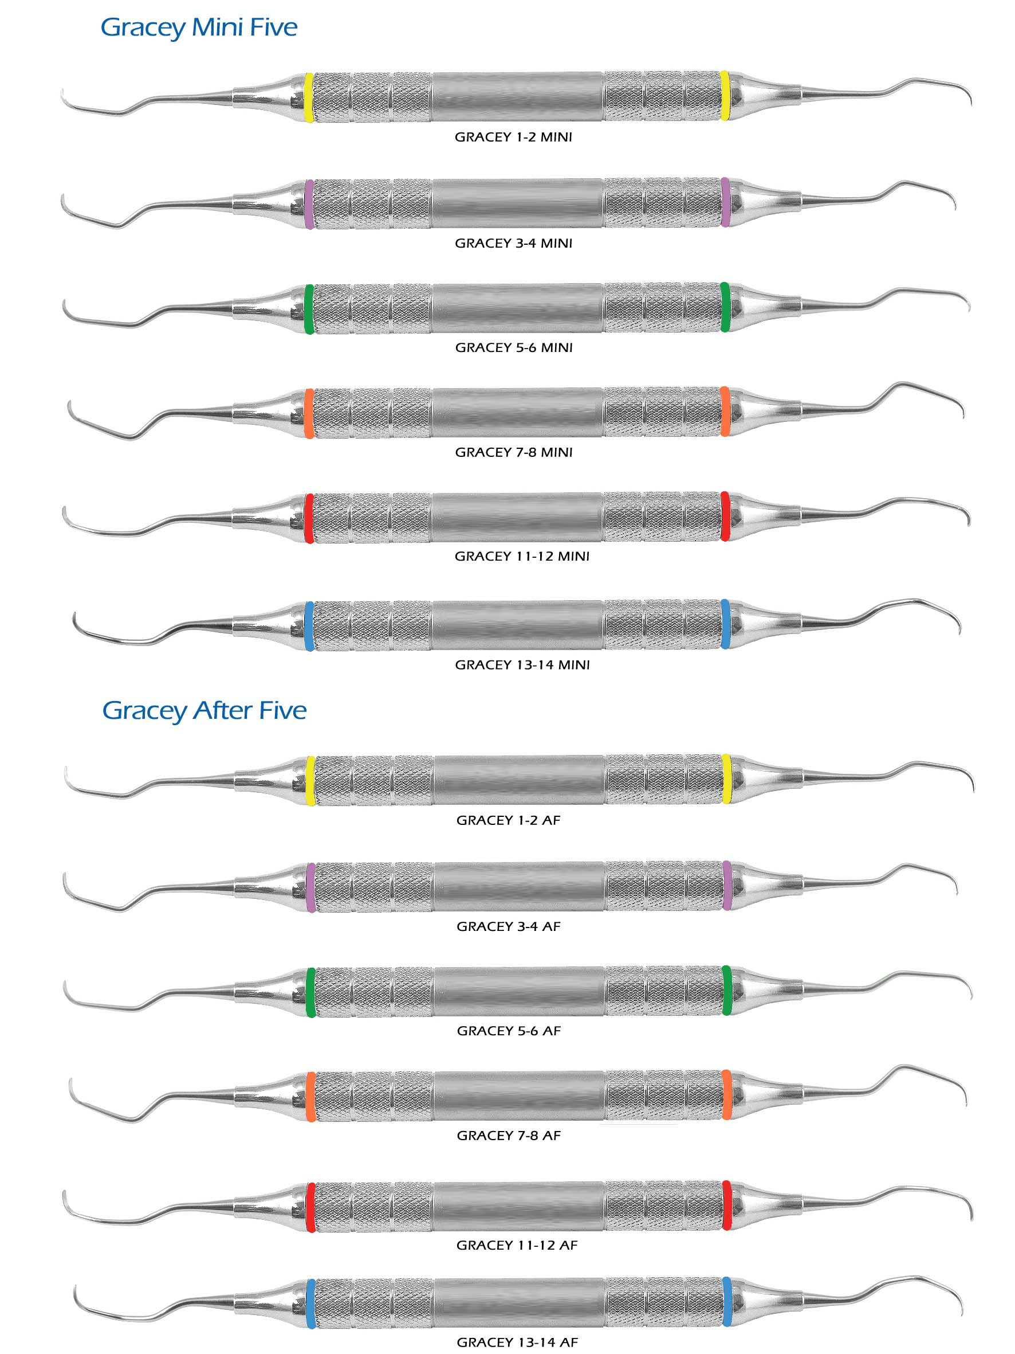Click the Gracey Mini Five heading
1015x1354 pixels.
199,28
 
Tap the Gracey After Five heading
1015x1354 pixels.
204,711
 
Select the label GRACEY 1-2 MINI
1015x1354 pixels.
513,137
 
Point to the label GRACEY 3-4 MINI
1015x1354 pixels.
513,243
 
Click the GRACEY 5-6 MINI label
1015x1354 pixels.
514,348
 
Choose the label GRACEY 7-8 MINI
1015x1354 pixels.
514,452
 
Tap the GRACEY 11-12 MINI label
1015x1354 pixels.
522,557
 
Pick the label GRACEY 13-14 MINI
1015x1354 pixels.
522,665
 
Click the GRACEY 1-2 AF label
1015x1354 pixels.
509,820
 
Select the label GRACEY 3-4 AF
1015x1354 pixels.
509,926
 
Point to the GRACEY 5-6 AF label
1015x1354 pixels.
509,1031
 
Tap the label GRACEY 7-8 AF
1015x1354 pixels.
509,1136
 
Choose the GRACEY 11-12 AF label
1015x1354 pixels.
517,1245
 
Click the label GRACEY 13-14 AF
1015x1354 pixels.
518,1343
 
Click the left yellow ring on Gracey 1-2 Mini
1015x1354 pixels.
309,98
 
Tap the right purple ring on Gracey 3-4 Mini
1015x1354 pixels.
725,202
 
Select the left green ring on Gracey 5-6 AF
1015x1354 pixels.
311,992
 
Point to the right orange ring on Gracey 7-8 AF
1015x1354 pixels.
727,1094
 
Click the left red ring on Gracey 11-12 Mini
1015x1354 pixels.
309,518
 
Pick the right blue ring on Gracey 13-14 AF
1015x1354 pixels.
727,1301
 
